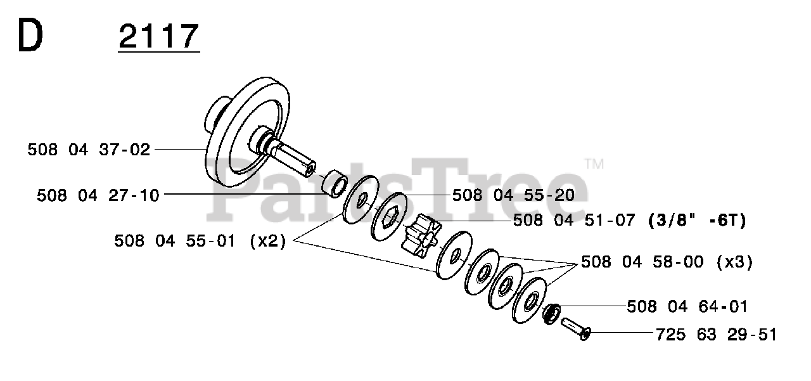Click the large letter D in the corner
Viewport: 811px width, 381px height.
[30, 35]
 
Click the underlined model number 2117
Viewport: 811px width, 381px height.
[159, 36]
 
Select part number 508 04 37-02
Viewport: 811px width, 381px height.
[89, 150]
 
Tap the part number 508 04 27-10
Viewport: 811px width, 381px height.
[98, 195]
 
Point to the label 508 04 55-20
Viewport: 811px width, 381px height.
[513, 195]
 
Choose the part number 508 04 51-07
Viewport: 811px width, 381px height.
[574, 220]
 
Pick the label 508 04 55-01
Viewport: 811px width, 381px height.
[175, 241]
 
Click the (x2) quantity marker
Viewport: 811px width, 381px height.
[268, 241]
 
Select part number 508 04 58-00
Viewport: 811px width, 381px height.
[642, 262]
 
